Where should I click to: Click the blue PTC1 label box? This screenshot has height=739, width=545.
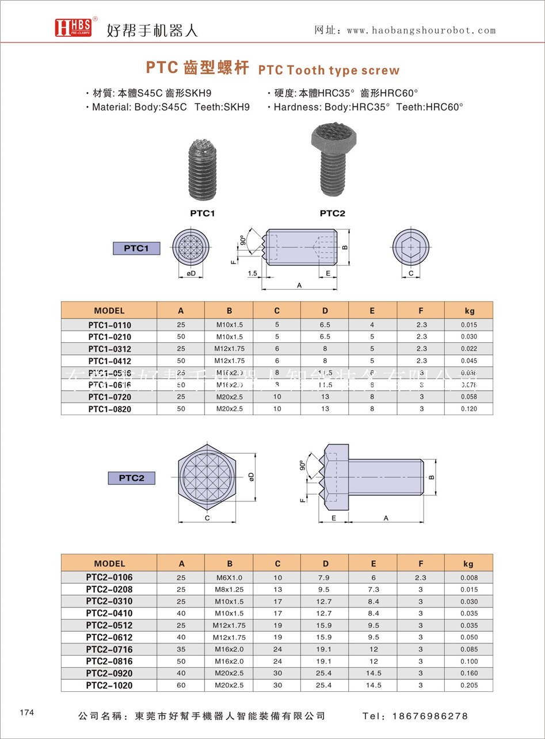pyautogui.click(x=136, y=248)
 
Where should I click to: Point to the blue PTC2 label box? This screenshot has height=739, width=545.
pyautogui.click(x=131, y=477)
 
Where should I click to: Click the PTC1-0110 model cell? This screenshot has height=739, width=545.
pyautogui.click(x=109, y=325)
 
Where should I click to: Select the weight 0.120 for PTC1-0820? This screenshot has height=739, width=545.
pyautogui.click(x=469, y=409)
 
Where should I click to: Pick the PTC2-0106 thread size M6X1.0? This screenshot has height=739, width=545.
pyautogui.click(x=228, y=578)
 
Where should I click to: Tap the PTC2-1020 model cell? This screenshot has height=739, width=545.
pyautogui.click(x=109, y=685)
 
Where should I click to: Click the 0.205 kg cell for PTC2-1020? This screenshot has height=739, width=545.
pyautogui.click(x=469, y=685)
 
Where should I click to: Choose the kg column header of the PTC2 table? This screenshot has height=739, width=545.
pyautogui.click(x=469, y=564)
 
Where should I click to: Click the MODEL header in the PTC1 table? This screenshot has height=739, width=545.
pyautogui.click(x=109, y=311)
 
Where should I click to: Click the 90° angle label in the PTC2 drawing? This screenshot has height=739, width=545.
pyautogui.click(x=302, y=465)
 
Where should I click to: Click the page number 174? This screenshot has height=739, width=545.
pyautogui.click(x=27, y=713)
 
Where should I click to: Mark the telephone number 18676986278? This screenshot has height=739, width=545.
pyautogui.click(x=430, y=716)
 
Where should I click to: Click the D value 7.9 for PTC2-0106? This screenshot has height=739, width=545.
pyautogui.click(x=325, y=578)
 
